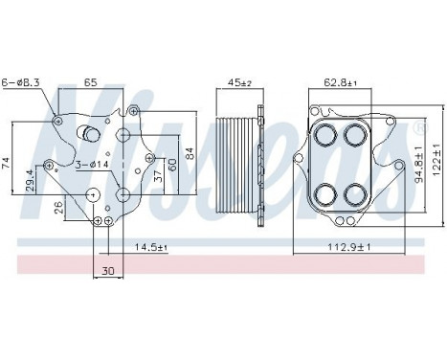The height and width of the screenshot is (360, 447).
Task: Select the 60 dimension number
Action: coord(173,165)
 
